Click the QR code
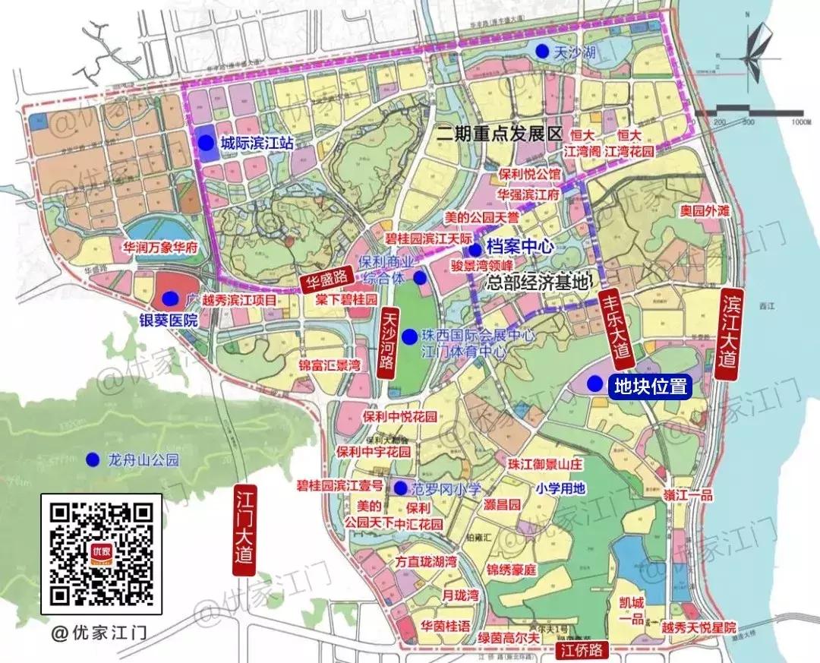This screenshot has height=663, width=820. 101,554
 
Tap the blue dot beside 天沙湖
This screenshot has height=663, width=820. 541,51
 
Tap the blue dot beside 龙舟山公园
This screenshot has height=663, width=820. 93,459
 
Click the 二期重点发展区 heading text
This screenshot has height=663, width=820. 500,134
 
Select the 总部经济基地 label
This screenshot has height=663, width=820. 538,283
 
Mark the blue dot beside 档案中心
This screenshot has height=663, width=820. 474,249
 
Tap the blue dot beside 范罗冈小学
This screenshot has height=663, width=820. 399,488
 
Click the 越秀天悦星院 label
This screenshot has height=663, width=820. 699,628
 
